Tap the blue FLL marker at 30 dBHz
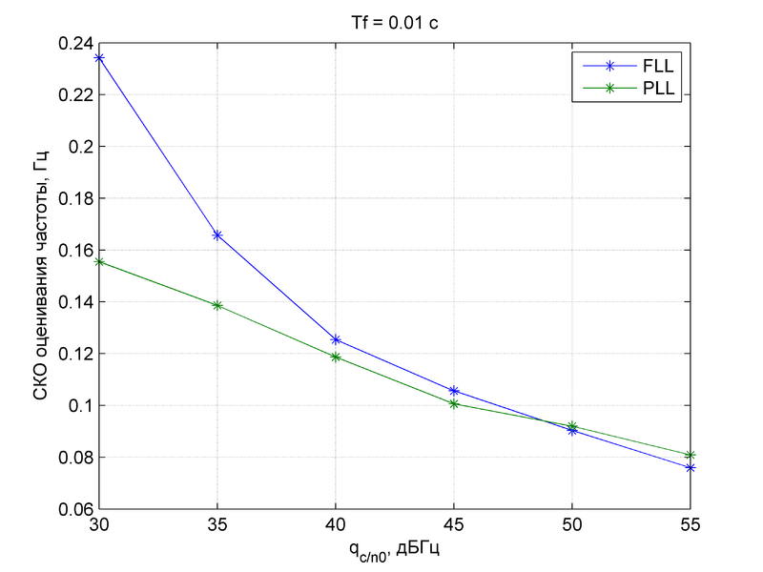[99, 58]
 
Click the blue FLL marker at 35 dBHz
[217, 235]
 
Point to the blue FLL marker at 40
[336, 339]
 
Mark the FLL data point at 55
[691, 467]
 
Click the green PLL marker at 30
[99, 262]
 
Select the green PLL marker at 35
[217, 305]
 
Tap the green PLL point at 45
[454, 403]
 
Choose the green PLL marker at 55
[691, 455]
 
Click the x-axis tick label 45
[454, 525]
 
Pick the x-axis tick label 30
[99, 525]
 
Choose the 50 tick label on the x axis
[572, 525]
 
